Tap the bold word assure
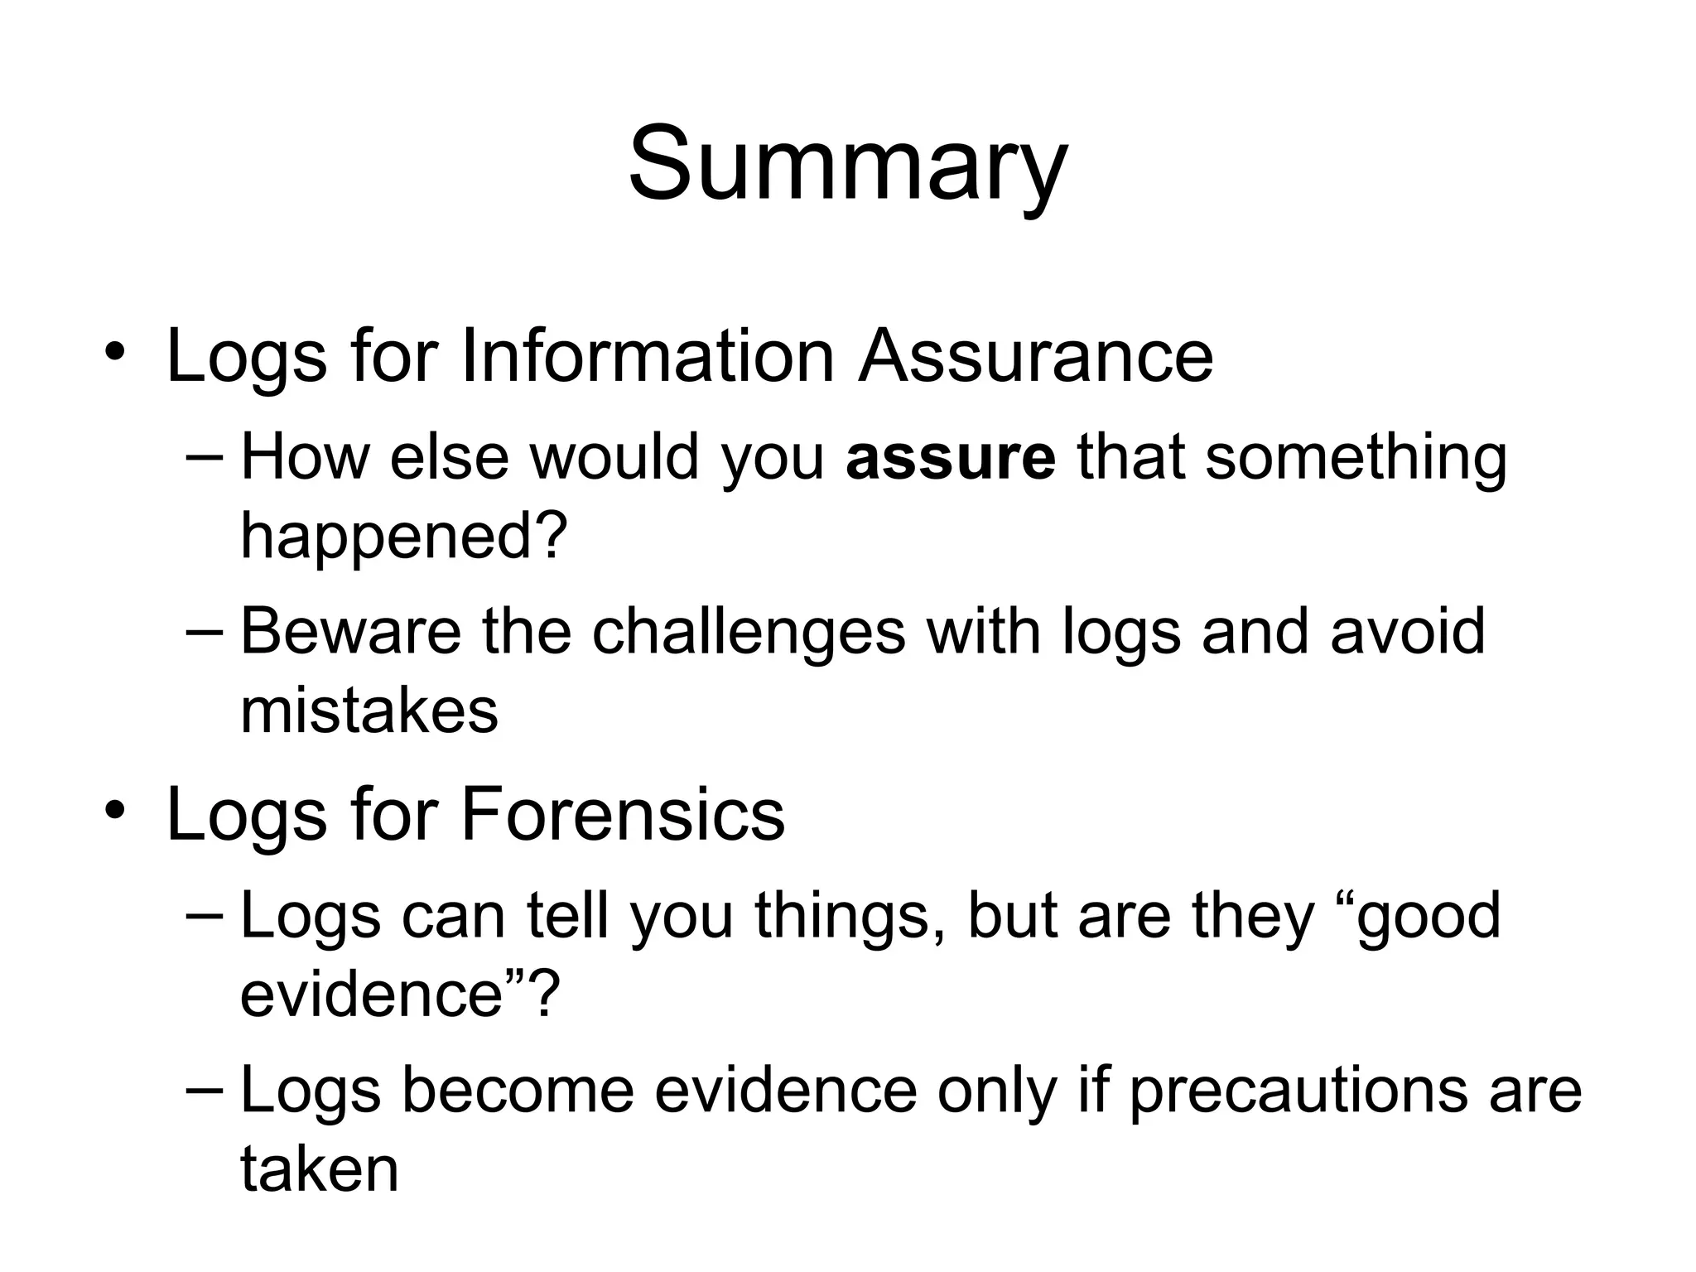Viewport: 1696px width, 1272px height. pos(951,458)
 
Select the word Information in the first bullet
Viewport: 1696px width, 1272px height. pos(647,356)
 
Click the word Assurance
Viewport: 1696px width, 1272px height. pos(1035,356)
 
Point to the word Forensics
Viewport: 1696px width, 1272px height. pos(622,815)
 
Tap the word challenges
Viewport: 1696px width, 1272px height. pos(749,631)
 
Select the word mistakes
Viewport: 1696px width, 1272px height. pos(369,710)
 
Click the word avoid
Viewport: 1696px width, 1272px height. pos(1407,631)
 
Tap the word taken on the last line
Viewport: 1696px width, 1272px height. pos(320,1168)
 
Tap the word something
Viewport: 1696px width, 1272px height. pos(1356,458)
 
